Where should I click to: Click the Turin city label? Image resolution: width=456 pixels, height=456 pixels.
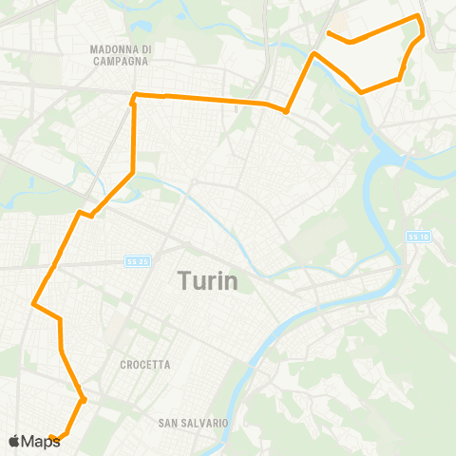(x=208, y=281)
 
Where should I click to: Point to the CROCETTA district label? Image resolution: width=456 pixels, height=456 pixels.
(x=145, y=365)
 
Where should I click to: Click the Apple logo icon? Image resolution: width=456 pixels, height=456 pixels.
(x=13, y=441)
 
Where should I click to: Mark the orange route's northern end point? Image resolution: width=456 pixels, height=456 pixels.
(x=329, y=34)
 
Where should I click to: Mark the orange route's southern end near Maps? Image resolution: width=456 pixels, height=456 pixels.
(x=51, y=438)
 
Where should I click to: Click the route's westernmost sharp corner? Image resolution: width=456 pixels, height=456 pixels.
(x=34, y=304)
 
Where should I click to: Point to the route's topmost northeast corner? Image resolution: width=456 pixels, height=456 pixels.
(x=417, y=16)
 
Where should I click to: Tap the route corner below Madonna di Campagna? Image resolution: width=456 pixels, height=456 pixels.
(x=134, y=95)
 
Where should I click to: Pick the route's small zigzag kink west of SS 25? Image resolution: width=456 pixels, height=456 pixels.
(x=85, y=214)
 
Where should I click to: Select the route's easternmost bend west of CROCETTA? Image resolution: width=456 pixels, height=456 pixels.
(x=84, y=400)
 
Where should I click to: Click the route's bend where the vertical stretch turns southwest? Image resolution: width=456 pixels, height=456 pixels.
(x=132, y=173)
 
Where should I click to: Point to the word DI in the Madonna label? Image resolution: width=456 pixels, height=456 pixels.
(x=145, y=49)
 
